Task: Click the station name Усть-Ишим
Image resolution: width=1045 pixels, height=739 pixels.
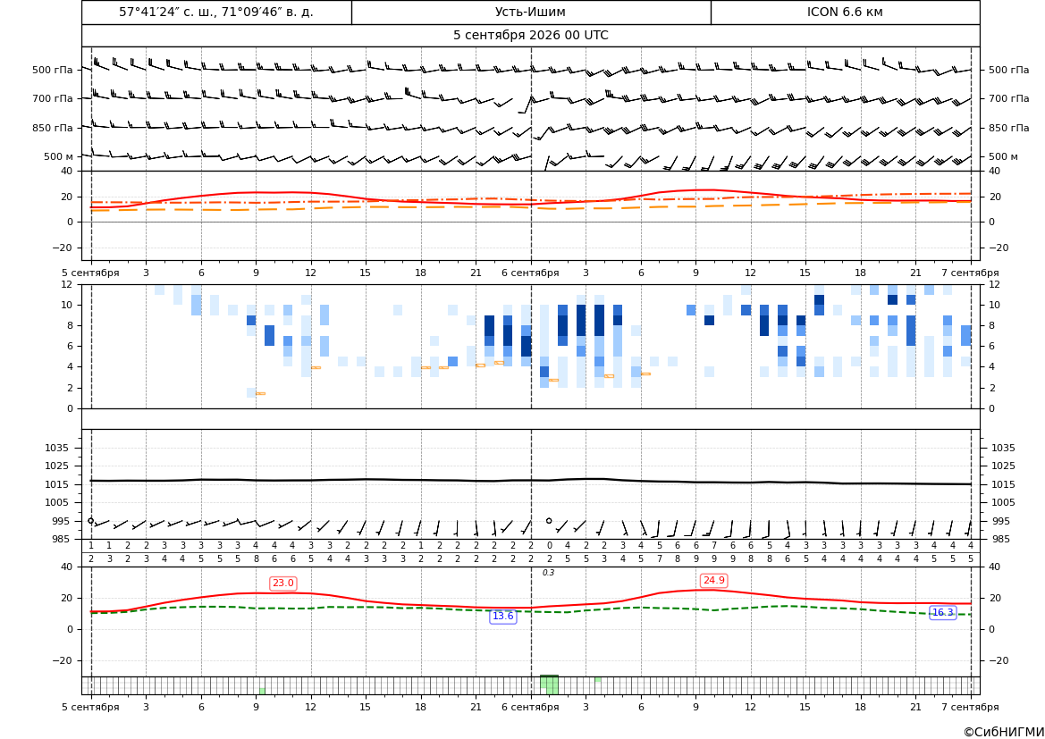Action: coord(530,12)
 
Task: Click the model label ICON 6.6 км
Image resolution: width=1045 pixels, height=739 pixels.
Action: coord(845,12)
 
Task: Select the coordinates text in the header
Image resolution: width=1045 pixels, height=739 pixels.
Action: coord(216,12)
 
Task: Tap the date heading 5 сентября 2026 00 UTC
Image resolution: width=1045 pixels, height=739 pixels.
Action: coord(530,36)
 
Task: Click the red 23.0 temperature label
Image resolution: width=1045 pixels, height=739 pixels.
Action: coord(282,584)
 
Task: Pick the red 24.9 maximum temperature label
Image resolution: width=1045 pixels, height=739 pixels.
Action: coord(713,581)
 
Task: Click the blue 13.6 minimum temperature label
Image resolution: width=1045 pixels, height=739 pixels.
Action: coord(502,617)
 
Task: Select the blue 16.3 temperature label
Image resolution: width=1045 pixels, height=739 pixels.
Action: coord(942,612)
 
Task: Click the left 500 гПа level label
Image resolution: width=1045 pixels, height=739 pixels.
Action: coord(52,70)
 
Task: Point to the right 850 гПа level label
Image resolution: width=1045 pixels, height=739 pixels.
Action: coord(1008,128)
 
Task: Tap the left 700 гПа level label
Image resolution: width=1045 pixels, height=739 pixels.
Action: coord(52,98)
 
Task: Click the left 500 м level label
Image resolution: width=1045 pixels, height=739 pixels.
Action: coord(58,156)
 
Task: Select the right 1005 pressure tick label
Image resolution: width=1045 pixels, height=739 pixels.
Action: coord(1003,502)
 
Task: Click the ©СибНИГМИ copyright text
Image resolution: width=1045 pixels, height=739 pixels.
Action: coord(1003,732)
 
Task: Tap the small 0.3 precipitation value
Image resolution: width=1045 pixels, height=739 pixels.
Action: coord(548,573)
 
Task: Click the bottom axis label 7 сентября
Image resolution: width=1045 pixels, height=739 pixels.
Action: coord(970,707)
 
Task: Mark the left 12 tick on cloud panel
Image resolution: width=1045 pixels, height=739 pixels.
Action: coord(67,284)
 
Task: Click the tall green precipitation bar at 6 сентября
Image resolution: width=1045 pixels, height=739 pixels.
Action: coord(549,684)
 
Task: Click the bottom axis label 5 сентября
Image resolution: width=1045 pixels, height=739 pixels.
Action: coord(90,707)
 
